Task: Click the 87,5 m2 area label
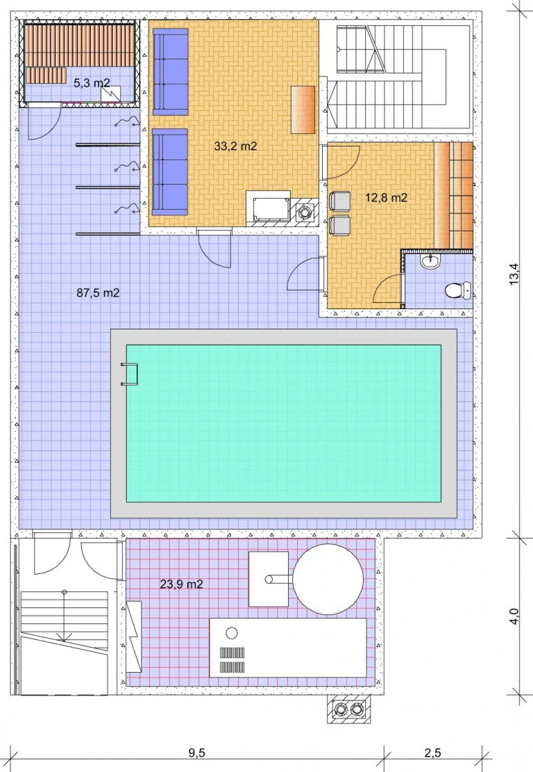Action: click(98, 293)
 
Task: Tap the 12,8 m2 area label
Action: click(386, 197)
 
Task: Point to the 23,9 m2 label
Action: click(182, 584)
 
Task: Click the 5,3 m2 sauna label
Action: click(92, 83)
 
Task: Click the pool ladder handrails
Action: click(130, 374)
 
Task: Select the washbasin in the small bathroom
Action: click(431, 262)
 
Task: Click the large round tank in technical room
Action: click(328, 579)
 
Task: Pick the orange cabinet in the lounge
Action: click(303, 109)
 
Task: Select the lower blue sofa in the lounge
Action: click(170, 172)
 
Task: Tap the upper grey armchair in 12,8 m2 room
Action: click(340, 202)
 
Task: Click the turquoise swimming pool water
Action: click(283, 423)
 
